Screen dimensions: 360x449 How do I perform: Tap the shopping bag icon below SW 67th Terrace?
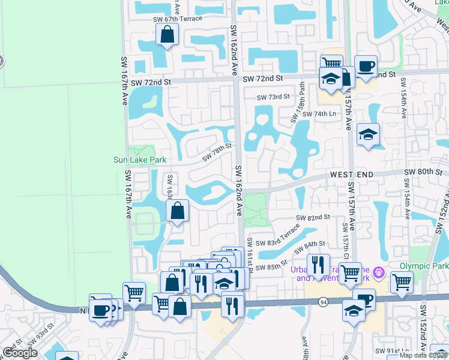tap(167, 35)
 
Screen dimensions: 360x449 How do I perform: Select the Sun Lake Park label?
tap(140, 160)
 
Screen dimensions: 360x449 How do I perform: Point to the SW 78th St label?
tap(217, 152)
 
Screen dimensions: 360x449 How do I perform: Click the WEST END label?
tap(352, 174)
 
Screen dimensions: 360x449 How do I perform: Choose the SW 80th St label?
tap(423, 172)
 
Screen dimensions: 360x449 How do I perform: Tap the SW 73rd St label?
tap(273, 97)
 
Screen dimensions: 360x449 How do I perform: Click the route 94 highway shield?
tap(324, 301)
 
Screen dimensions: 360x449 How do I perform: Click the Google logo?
tap(19, 353)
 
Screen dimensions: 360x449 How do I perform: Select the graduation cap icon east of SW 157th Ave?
tap(368, 134)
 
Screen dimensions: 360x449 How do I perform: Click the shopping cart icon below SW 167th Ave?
tap(134, 293)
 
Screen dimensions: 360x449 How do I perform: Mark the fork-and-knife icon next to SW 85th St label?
tap(318, 265)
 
